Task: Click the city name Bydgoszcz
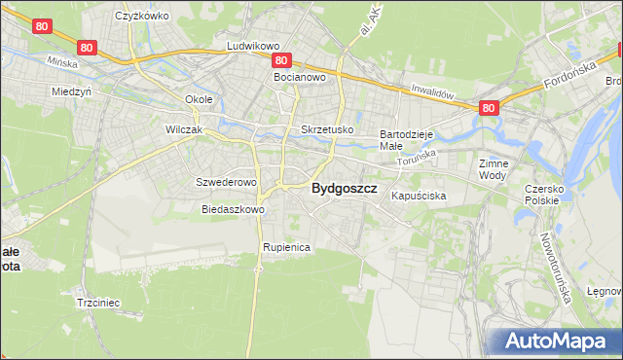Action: (344, 190)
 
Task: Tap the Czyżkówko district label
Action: (142, 16)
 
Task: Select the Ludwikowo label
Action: (253, 46)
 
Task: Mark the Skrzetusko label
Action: (327, 129)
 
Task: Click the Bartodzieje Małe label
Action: (405, 138)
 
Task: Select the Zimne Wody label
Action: (494, 170)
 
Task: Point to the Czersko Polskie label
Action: (543, 194)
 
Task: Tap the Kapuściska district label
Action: (419, 196)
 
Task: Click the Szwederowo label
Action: (226, 182)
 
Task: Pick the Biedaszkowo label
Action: (233, 209)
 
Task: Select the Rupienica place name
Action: (285, 247)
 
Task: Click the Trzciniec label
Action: (97, 303)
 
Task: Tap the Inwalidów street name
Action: (433, 92)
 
